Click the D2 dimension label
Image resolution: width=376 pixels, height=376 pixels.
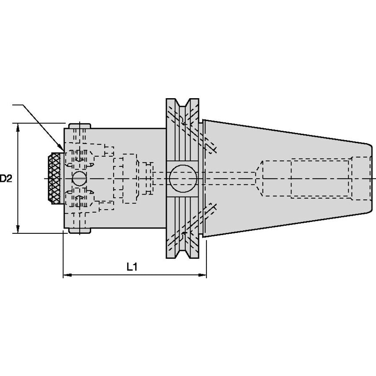point(6,178)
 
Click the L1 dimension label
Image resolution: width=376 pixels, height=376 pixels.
point(132,267)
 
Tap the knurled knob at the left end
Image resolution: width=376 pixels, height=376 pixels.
point(55,178)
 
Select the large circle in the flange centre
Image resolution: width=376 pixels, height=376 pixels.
point(183,178)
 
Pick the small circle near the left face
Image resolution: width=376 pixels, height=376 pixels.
point(79,178)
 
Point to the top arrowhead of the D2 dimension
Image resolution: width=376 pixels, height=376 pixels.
point(18,127)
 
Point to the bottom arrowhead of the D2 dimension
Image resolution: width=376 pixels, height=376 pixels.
point(18,229)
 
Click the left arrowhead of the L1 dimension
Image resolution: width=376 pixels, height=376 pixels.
point(67,275)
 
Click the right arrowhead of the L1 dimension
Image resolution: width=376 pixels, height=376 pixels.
point(202,275)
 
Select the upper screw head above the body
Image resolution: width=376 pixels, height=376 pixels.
point(80,126)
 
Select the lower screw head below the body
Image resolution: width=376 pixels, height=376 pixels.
point(80,230)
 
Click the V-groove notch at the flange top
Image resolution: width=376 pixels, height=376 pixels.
point(182,103)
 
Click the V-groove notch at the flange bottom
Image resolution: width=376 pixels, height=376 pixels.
point(182,254)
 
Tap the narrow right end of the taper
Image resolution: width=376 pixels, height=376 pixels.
point(370,178)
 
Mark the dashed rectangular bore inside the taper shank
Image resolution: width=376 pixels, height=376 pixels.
point(321,178)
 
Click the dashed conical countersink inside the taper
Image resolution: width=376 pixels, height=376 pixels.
point(259,178)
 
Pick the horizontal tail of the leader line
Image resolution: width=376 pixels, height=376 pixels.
point(18,105)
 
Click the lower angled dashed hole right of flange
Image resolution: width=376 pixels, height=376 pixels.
point(210,212)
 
